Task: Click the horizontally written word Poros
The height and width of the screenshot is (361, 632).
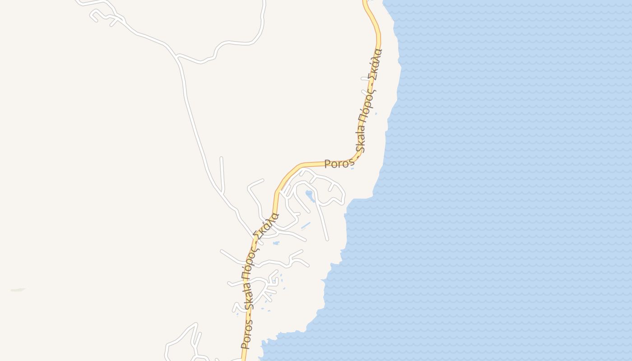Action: tap(337, 163)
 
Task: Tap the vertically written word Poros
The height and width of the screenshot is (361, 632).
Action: tap(245, 334)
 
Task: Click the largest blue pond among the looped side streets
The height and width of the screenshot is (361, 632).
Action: tap(310, 195)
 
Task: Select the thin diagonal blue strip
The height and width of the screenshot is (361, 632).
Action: tap(306, 225)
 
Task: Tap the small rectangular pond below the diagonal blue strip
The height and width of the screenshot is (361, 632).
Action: tap(276, 243)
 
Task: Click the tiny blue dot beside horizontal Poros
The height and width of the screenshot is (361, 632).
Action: tap(352, 168)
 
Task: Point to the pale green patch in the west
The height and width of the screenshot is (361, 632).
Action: tap(18, 290)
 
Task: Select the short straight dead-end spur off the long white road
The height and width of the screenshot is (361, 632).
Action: tap(222, 174)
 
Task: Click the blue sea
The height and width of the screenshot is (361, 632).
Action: tap(497, 180)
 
